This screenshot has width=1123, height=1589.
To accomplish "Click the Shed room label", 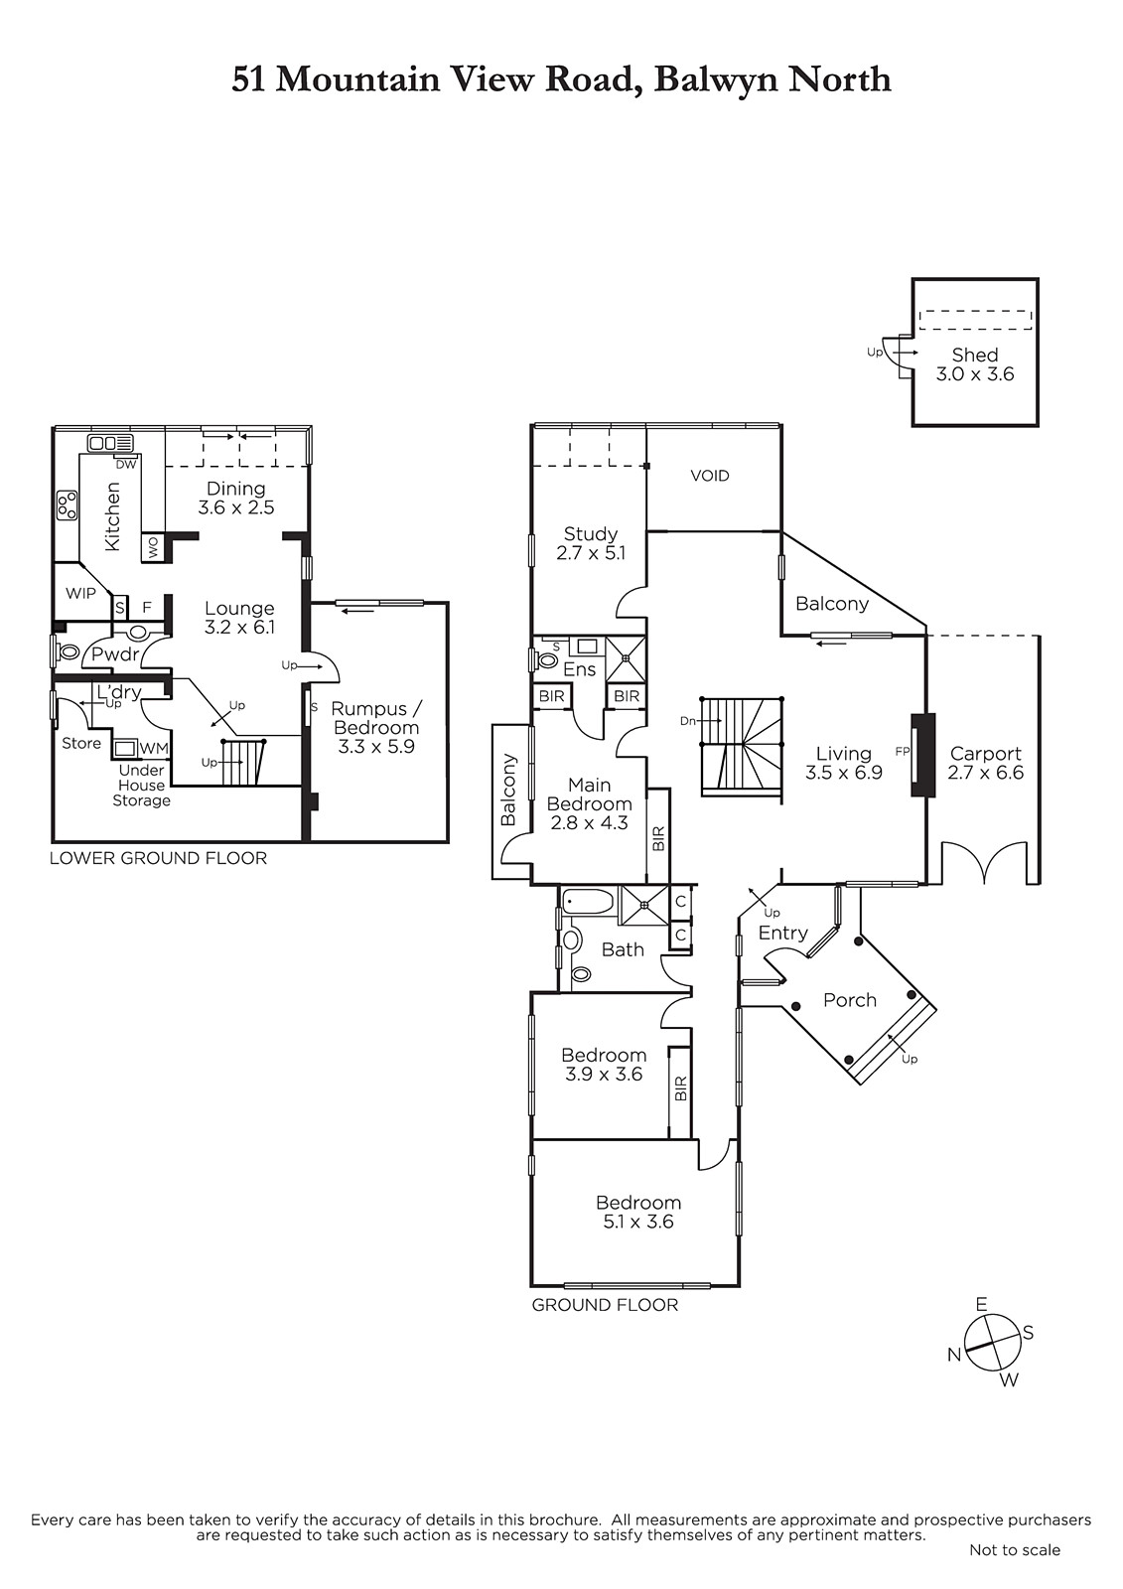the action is tap(975, 355).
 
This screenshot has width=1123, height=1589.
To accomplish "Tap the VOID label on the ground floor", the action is tap(710, 476).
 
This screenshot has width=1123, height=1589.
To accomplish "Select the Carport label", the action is tap(985, 754).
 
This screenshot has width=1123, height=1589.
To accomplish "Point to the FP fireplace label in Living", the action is tap(902, 752).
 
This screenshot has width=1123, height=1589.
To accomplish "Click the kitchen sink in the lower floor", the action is tap(110, 443).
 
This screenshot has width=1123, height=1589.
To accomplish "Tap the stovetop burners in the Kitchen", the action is tap(67, 506).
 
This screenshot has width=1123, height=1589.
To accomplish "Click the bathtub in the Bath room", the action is tap(588, 903).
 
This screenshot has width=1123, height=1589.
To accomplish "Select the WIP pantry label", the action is tap(80, 593).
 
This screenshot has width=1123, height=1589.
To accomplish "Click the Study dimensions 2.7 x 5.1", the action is tap(591, 553).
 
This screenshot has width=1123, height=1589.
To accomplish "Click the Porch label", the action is tap(850, 1000).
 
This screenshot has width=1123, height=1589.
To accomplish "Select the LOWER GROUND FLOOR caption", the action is tap(158, 858).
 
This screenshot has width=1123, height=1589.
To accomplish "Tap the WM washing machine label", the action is tap(154, 749).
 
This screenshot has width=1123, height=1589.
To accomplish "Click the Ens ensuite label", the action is tap(580, 669).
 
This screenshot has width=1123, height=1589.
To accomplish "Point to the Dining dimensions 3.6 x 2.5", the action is tap(236, 507).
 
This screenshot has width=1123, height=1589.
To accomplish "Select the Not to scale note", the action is tap(1015, 1570).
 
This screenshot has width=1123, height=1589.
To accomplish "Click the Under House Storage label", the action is tap(142, 786).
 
